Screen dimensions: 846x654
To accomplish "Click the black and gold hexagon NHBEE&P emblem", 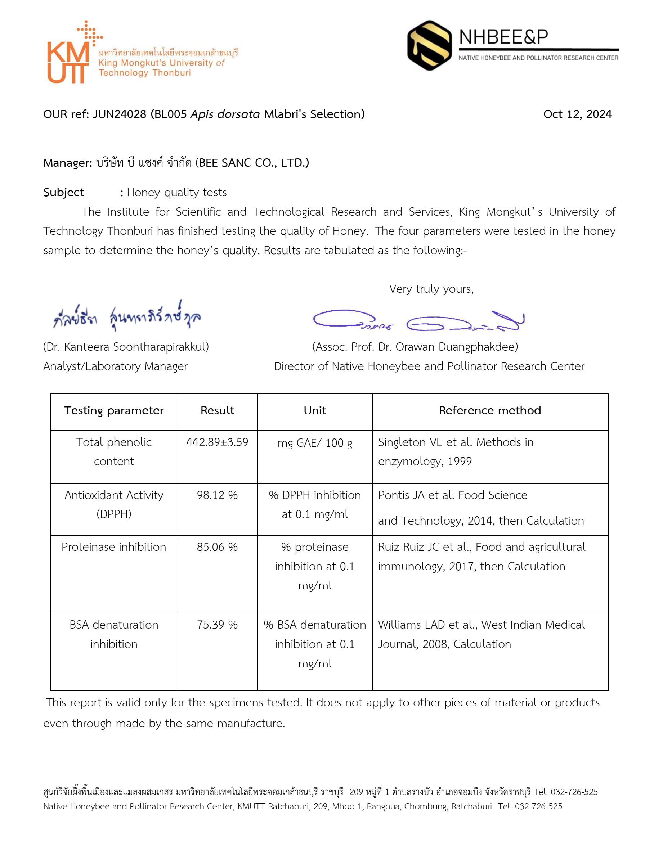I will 429,45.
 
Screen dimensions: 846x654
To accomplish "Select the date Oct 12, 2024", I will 577,114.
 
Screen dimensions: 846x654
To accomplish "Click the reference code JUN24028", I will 119,114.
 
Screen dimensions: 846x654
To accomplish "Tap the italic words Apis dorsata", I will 225,114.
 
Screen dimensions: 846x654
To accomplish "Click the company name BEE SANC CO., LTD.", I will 254,163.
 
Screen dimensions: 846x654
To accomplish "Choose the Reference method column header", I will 490,411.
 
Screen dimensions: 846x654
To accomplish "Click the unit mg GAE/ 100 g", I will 315,443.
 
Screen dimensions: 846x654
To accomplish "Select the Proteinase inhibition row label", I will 113,547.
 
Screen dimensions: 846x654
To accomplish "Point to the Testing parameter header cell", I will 114,411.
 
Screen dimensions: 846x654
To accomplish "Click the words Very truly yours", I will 431,289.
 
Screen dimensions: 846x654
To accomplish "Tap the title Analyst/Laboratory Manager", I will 115,366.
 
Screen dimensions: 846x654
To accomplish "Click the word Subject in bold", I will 63,193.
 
